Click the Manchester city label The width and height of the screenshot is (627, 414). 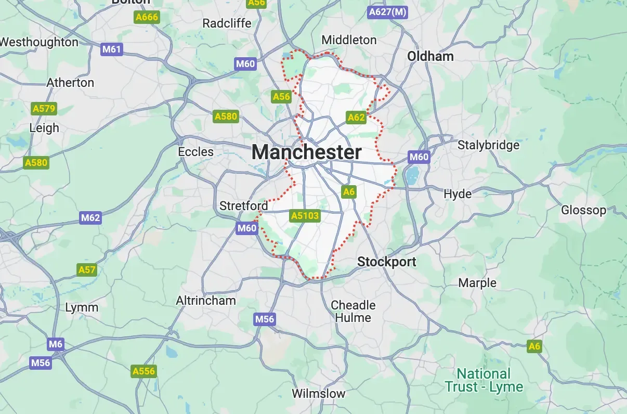pyautogui.click(x=306, y=152)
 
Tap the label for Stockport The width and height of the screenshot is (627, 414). pyautogui.click(x=387, y=262)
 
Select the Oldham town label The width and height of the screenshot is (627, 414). pyautogui.click(x=430, y=56)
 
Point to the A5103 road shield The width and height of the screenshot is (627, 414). pyautogui.click(x=305, y=215)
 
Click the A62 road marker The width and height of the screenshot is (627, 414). pyautogui.click(x=356, y=117)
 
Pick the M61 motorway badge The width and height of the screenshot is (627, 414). pyautogui.click(x=112, y=49)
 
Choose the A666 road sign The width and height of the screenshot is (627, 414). pyautogui.click(x=146, y=17)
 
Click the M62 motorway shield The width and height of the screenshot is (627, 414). pyautogui.click(x=90, y=217)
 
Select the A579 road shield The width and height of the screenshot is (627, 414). pyautogui.click(x=44, y=109)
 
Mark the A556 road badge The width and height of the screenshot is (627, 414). pyautogui.click(x=143, y=371)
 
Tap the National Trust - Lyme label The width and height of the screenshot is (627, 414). pyautogui.click(x=484, y=380)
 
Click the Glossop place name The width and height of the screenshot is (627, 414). pyautogui.click(x=583, y=210)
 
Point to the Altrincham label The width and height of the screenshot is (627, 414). pyautogui.click(x=206, y=301)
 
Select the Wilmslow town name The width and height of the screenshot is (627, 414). pyautogui.click(x=318, y=393)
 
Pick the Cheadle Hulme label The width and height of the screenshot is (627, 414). pyautogui.click(x=353, y=311)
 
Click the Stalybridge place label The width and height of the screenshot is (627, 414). pyautogui.click(x=488, y=145)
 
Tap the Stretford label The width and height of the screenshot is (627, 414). pyautogui.click(x=243, y=206)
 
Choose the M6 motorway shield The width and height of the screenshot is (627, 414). pyautogui.click(x=55, y=344)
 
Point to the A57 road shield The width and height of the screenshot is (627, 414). pyautogui.click(x=87, y=269)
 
